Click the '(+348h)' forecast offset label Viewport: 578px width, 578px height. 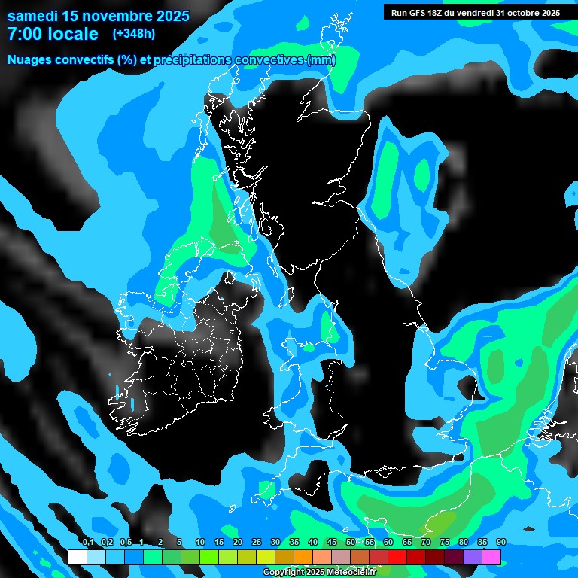pyautogui.click(x=133, y=34)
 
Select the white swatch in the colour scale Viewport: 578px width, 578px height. pyautogui.click(x=77, y=557)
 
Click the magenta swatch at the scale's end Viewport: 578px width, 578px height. pyautogui.click(x=491, y=557)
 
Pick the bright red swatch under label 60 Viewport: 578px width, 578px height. pyautogui.click(x=397, y=557)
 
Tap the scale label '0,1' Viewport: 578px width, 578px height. pyautogui.click(x=87, y=543)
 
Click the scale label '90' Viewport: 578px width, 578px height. pyautogui.click(x=500, y=543)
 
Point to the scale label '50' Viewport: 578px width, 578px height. pyautogui.click(x=351, y=543)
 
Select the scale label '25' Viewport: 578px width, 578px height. pyautogui.click(x=257, y=543)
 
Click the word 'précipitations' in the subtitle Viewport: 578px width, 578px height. pyautogui.click(x=191, y=60)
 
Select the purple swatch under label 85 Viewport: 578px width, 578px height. pyautogui.click(x=473, y=557)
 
